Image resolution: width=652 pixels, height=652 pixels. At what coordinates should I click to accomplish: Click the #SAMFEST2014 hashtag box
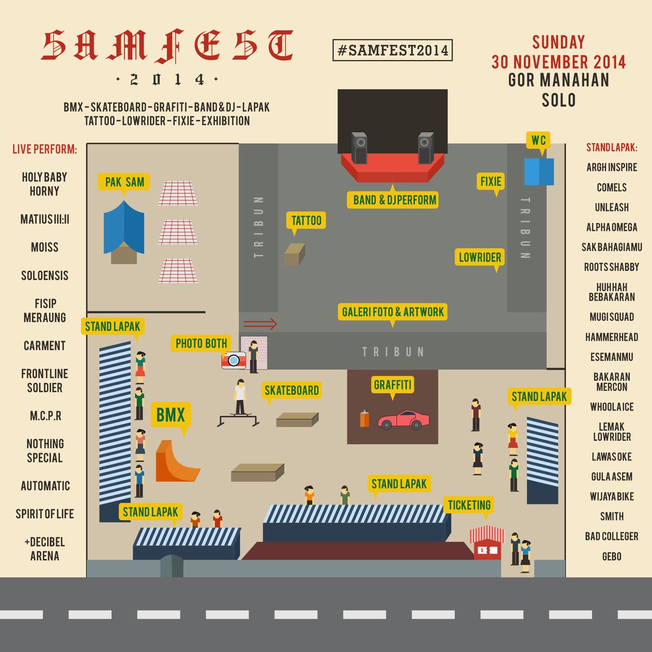point(392,51)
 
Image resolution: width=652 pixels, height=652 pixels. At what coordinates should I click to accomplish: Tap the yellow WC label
point(538,140)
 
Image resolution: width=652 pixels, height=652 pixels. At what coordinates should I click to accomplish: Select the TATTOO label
point(306,220)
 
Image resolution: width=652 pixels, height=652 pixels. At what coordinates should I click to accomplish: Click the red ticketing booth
point(487,545)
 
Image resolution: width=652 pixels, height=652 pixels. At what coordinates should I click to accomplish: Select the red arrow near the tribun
point(260,324)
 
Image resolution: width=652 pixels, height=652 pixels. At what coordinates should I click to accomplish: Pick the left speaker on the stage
point(359,147)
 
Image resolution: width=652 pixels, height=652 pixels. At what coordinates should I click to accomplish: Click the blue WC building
point(539,172)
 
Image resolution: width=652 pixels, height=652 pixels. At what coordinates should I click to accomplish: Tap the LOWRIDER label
point(480,257)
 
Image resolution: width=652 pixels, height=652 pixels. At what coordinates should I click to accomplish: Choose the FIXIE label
point(491,181)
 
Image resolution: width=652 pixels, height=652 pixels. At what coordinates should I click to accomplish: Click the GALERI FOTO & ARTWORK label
point(392,312)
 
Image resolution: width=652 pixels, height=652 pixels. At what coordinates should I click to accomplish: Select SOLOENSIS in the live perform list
point(45,275)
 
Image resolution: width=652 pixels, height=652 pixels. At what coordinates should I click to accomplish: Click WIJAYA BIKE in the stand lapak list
point(611,496)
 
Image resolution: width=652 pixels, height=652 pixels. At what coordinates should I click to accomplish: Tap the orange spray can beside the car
point(365,419)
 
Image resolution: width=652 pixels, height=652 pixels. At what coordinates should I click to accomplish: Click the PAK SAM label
point(124,182)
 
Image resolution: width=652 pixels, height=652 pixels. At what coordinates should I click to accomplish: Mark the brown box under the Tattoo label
point(294,255)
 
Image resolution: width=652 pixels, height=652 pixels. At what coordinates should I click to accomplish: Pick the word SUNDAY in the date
point(559,42)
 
